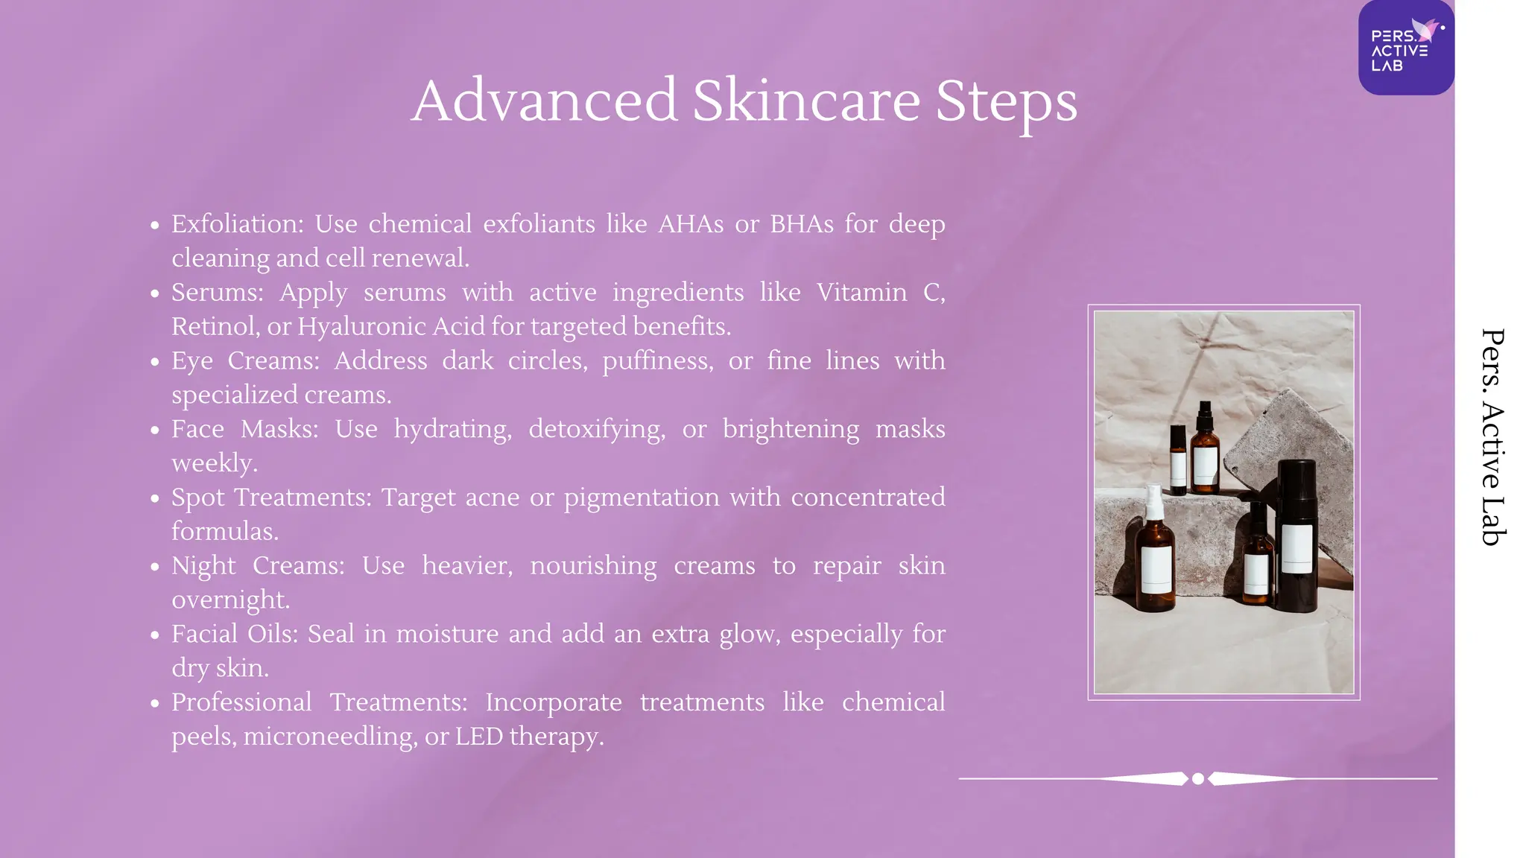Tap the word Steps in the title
tap(1006, 102)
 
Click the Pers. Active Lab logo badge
tap(1405, 48)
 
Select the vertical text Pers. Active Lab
tap(1492, 437)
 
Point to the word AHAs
tap(691, 223)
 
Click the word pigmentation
tap(642, 497)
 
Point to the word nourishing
tap(593, 565)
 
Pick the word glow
tap(749, 634)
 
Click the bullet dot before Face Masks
tap(155, 430)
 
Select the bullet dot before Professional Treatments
tap(155, 703)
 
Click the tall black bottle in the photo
tap(1297, 536)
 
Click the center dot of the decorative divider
tap(1198, 779)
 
